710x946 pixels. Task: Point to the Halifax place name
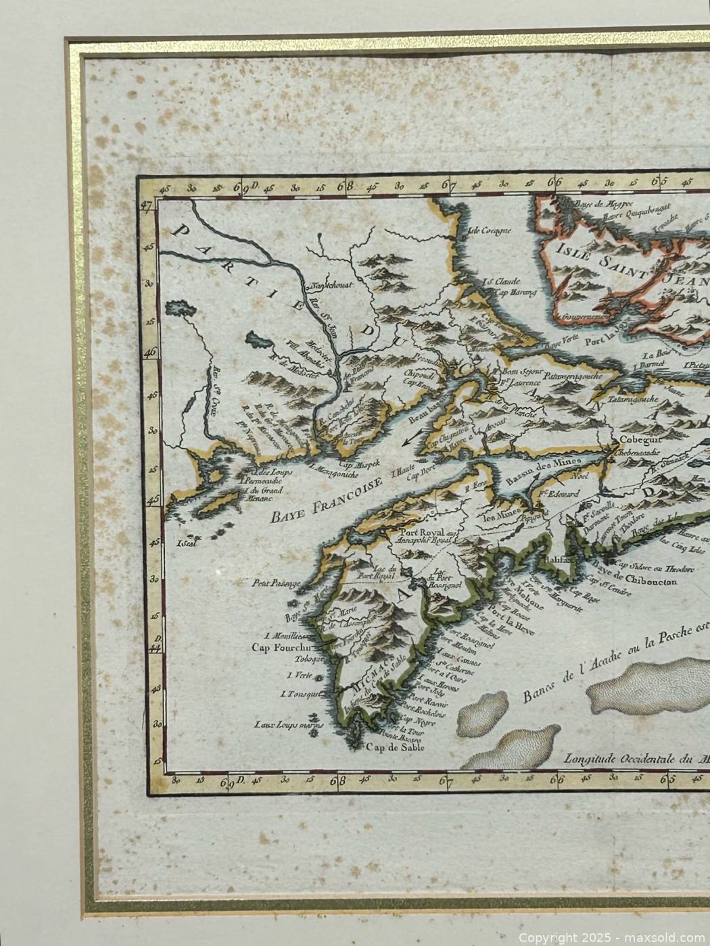coord(546,559)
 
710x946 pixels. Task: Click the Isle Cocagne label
coord(487,230)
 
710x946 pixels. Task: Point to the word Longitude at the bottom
coord(594,758)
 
